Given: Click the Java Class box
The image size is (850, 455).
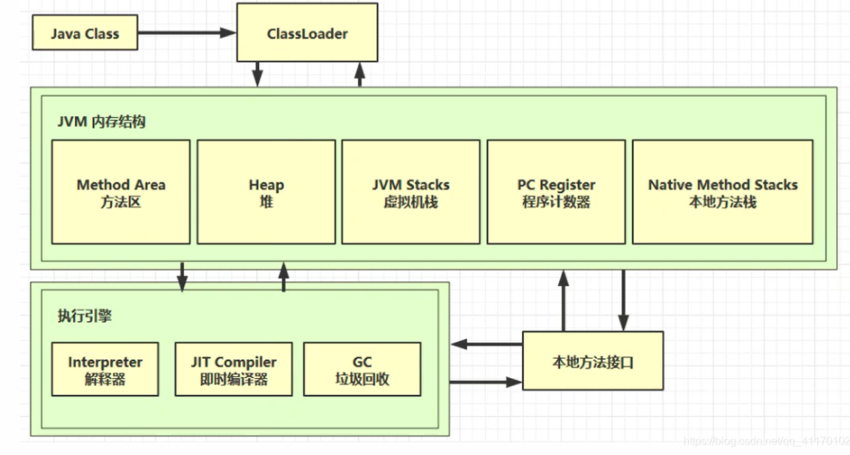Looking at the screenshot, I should pos(85,33).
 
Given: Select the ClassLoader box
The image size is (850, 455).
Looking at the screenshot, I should pos(307,33).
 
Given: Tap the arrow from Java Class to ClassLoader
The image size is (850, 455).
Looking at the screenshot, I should pos(187,33).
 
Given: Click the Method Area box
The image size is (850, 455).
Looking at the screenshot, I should pos(121,192).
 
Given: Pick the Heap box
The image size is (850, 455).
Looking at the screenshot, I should pos(266,192).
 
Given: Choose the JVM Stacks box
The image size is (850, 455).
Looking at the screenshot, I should pos(411,192).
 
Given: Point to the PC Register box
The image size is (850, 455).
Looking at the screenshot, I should pos(556,192).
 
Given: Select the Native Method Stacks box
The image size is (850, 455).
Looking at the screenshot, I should pos(722,192).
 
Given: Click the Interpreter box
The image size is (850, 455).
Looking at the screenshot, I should pos(105,370).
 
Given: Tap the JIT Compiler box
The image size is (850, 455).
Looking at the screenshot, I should pos(233,370).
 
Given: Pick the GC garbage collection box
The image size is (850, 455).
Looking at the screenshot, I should pos(362,370).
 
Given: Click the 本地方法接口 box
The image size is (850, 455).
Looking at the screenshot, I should pos(593,361).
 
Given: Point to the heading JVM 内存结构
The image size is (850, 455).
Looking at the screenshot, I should pos(101,122).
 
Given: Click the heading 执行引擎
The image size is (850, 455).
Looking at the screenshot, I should pos(85,317).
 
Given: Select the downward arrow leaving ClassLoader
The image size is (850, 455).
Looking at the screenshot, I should pos(258,74).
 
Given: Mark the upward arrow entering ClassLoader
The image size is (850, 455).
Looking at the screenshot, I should pos(359,74).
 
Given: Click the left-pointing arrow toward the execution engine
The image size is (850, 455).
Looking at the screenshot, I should pos(488,344).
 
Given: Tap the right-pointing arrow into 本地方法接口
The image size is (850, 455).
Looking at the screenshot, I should pos(486,382).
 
